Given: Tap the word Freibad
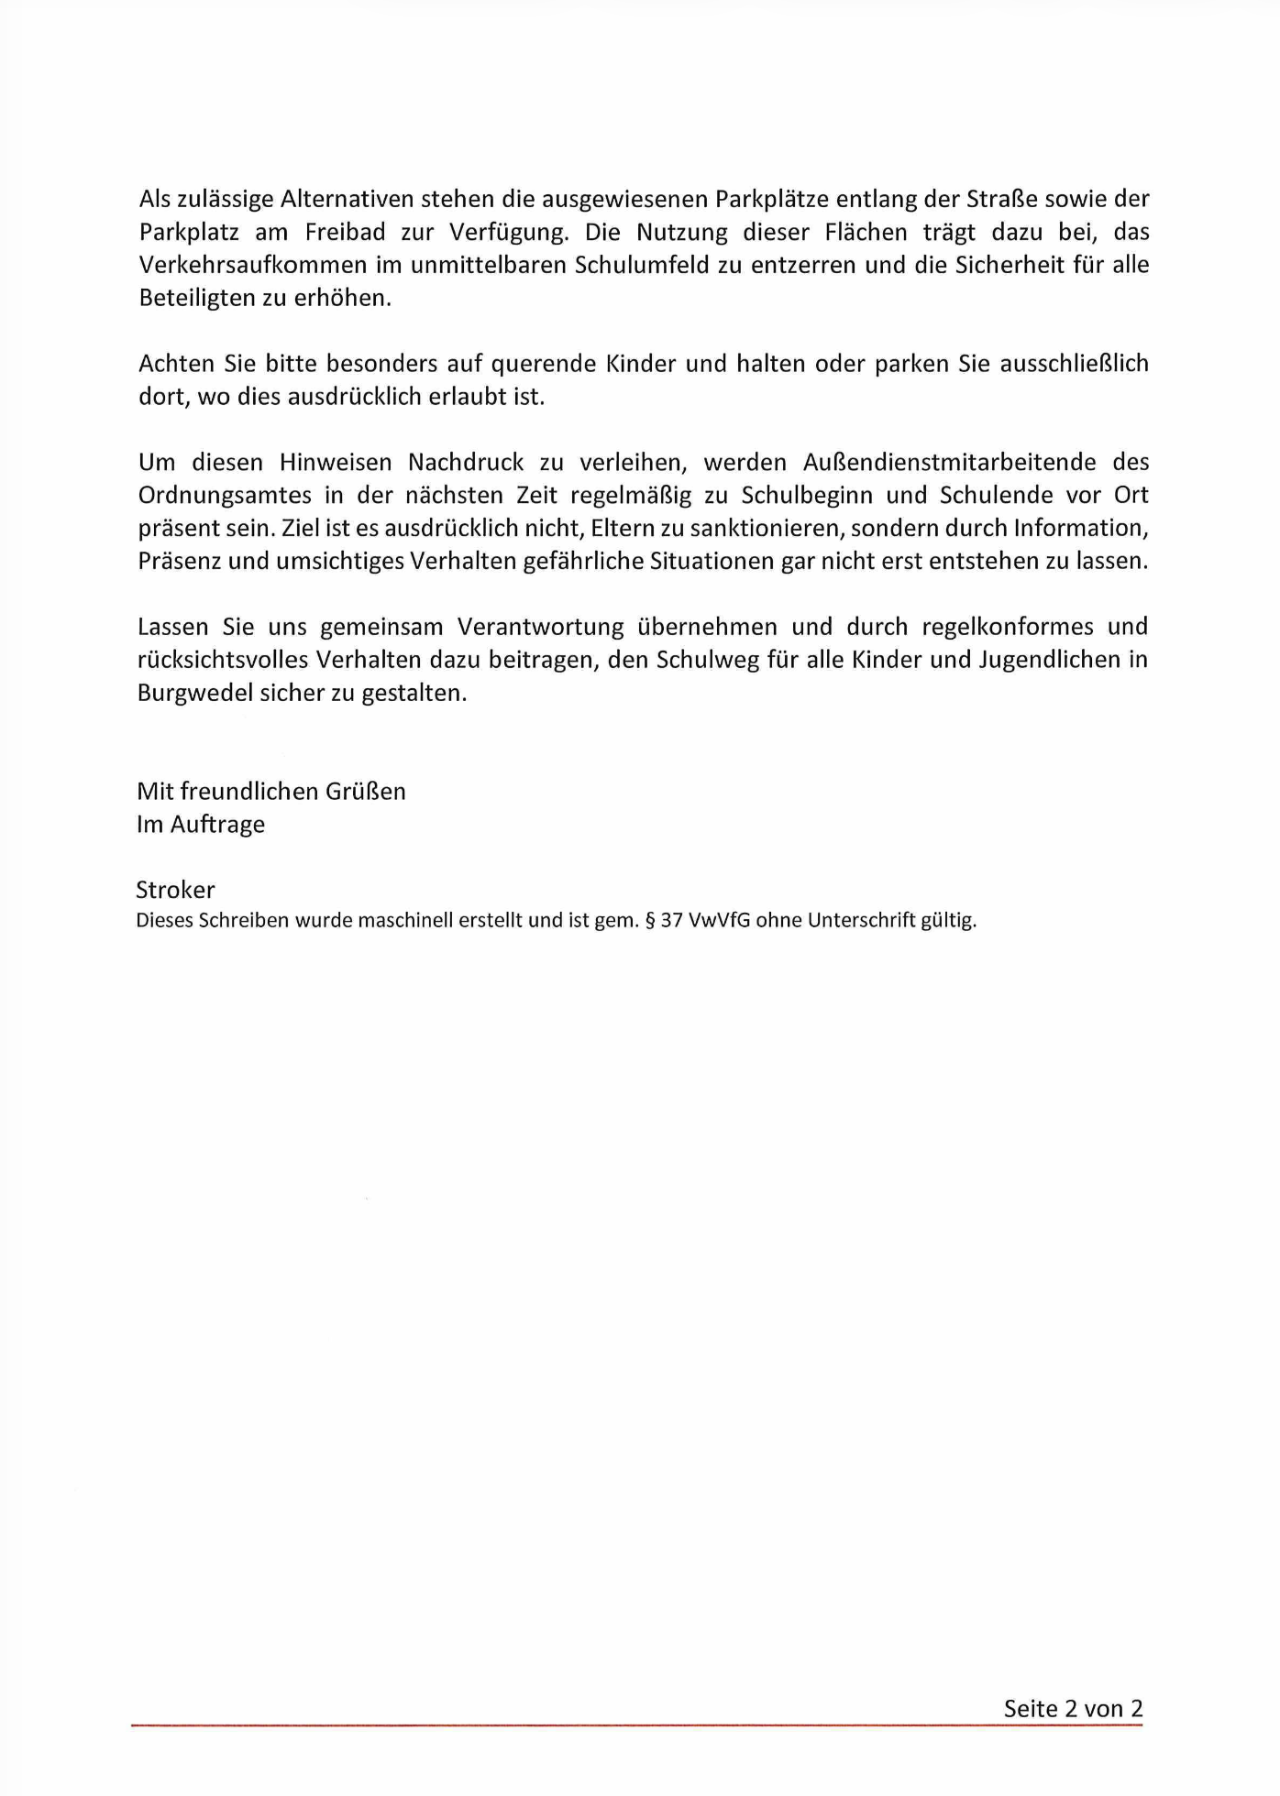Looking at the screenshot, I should [x=345, y=233].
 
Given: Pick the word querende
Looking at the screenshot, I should [x=543, y=365].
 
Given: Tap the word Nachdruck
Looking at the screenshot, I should [x=466, y=463].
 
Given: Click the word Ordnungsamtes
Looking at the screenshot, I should [x=225, y=496].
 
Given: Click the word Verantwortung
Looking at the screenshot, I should [x=540, y=628].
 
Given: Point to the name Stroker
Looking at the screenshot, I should [x=175, y=890].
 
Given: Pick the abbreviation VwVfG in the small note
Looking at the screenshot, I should [x=718, y=921].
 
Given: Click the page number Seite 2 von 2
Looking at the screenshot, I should [x=1073, y=1709].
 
